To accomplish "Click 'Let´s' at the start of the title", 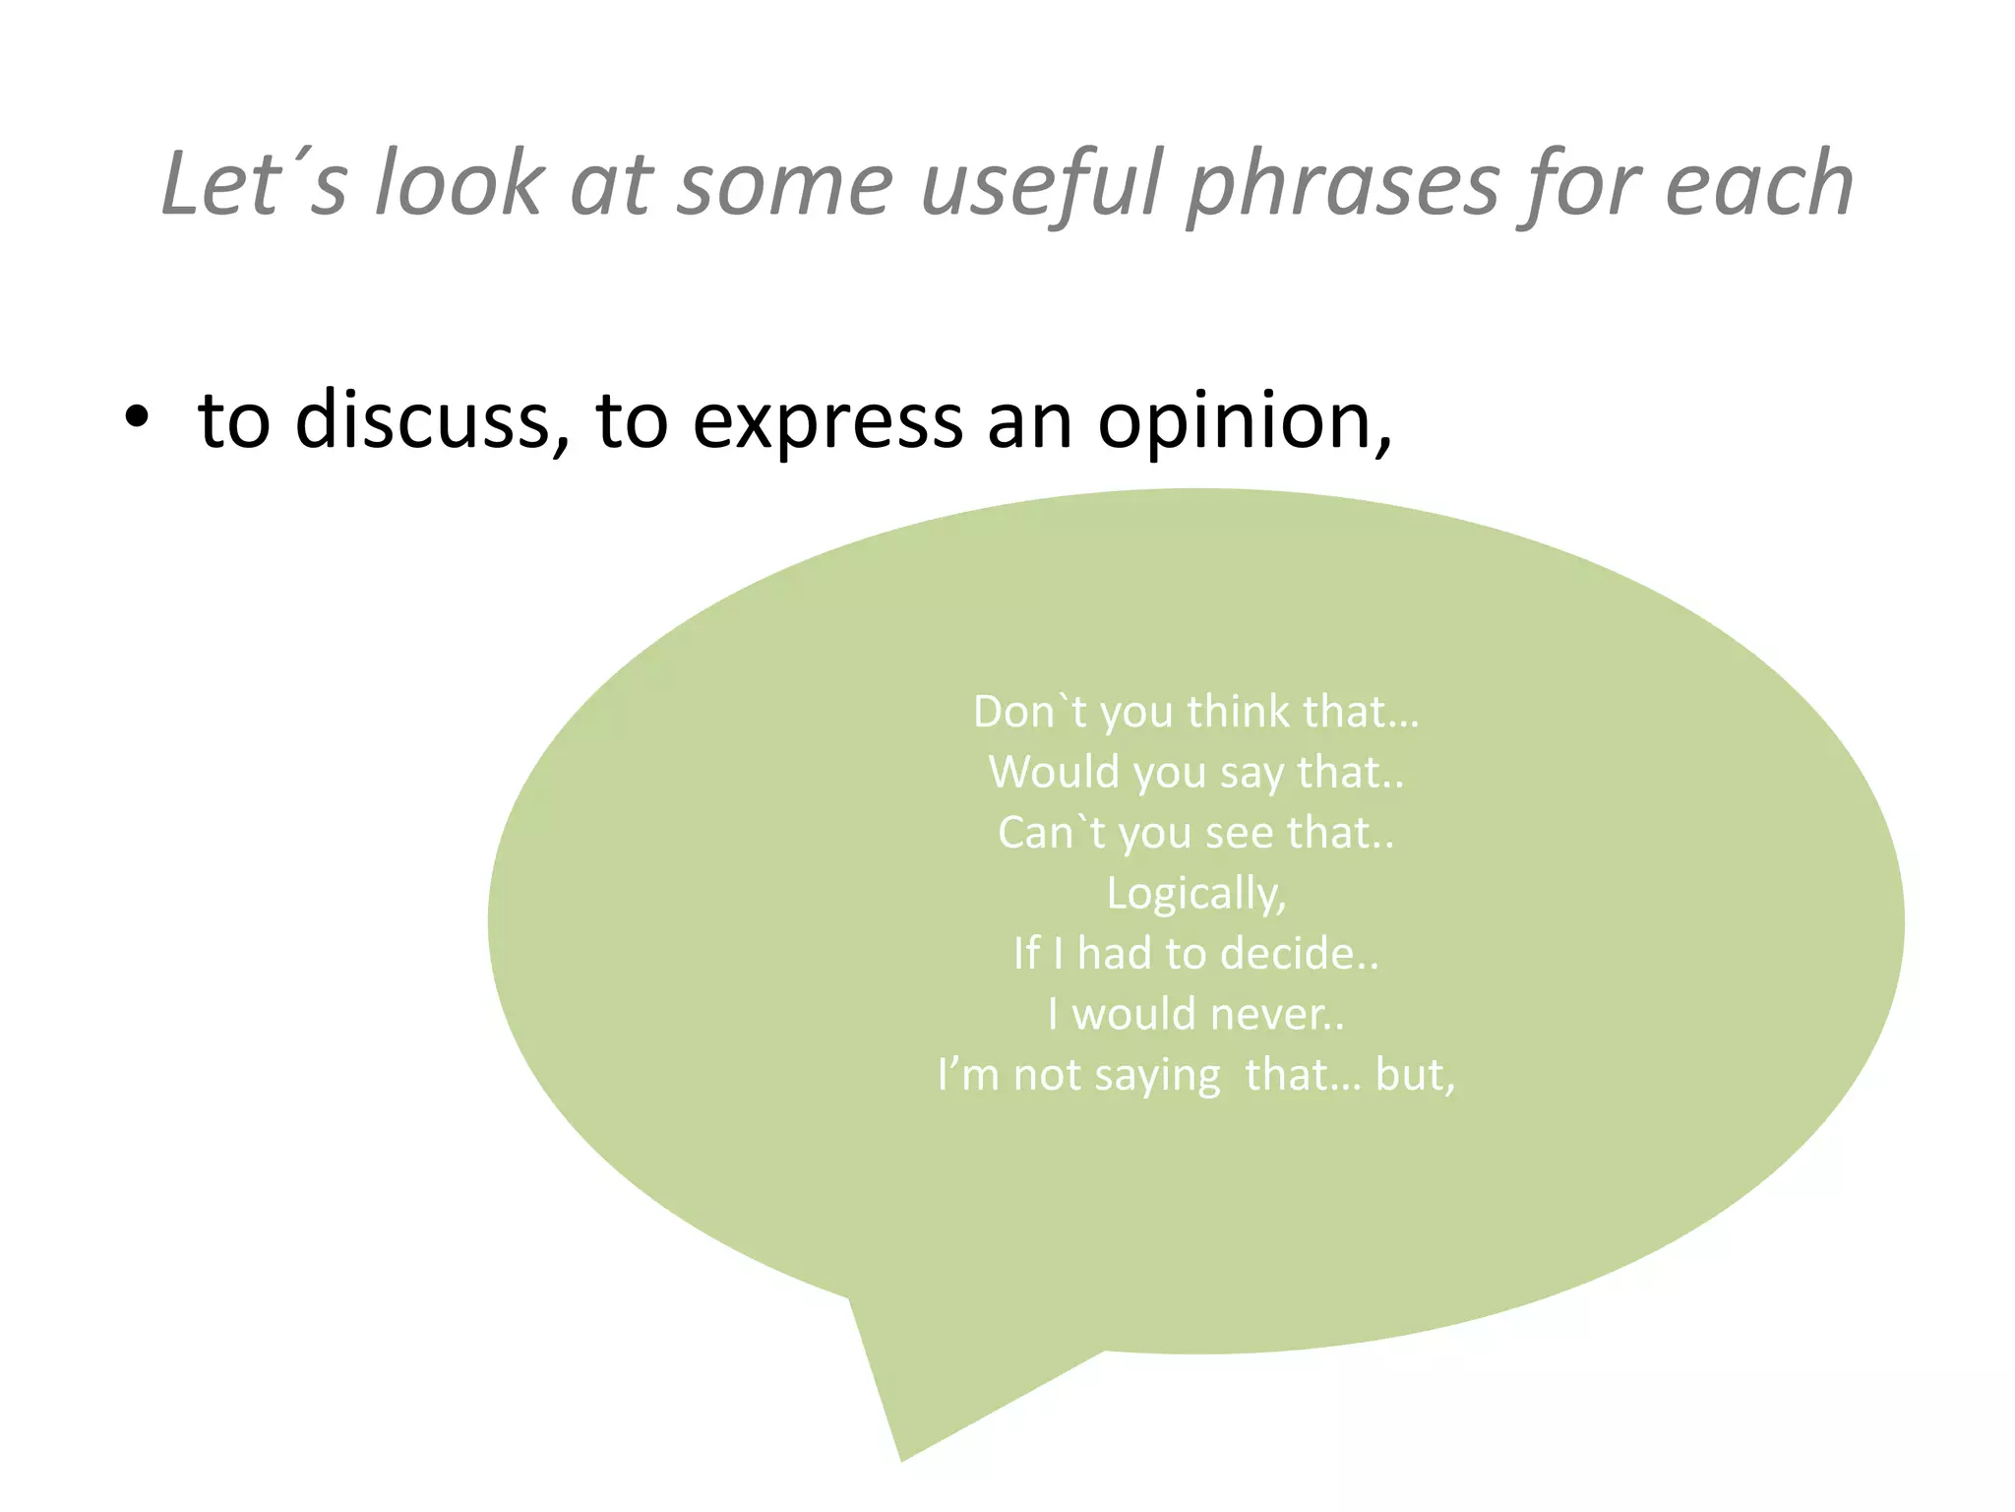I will click(254, 184).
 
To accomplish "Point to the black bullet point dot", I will click(137, 418).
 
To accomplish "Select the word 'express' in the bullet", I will click(827, 420).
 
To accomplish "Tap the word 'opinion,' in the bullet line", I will click(1245, 420).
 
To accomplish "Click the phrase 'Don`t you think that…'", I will click(1195, 711).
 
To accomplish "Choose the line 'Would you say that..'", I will click(1195, 772).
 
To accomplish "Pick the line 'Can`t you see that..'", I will click(1195, 833).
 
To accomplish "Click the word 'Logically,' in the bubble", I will click(1195, 894).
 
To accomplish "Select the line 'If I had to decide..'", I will click(1195, 954).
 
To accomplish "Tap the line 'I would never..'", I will click(1195, 1014).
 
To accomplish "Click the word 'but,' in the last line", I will click(1415, 1075).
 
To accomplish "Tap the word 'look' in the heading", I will click(458, 184).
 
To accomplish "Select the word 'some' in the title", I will click(785, 184).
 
